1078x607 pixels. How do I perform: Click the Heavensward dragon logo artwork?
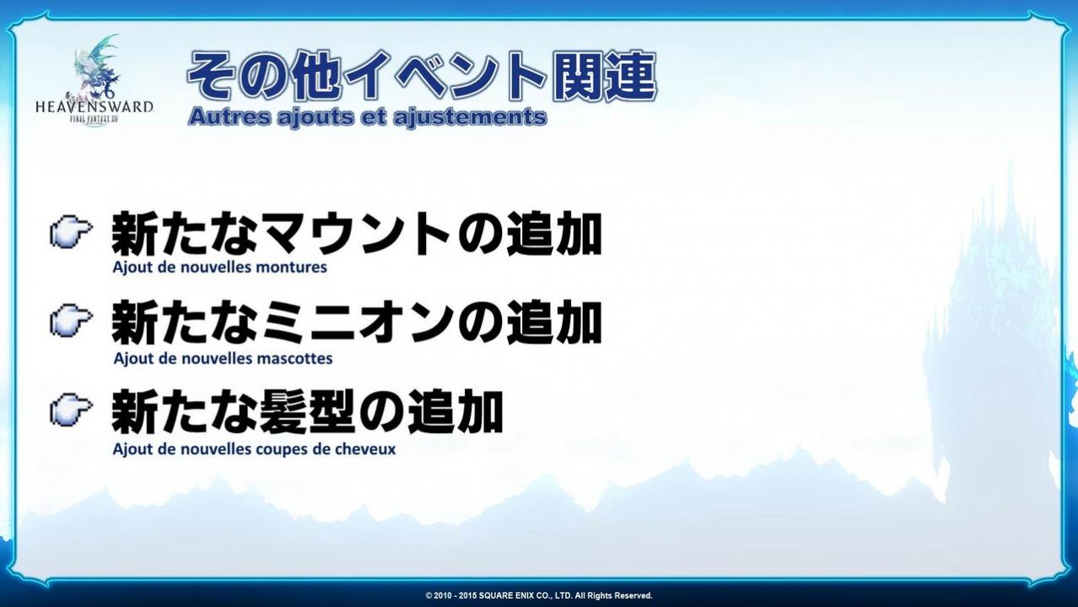pos(96,67)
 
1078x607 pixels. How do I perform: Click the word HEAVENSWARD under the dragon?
pos(94,106)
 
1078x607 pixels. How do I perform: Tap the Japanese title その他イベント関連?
pos(422,76)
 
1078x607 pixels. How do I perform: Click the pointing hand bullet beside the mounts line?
pos(71,231)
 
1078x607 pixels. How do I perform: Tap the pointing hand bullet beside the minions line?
pos(71,321)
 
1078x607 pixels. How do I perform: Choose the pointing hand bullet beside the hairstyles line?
pos(71,410)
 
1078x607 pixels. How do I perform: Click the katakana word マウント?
pos(356,234)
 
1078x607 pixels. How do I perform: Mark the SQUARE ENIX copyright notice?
pos(539,596)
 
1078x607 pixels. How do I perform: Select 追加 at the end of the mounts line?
pos(553,234)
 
